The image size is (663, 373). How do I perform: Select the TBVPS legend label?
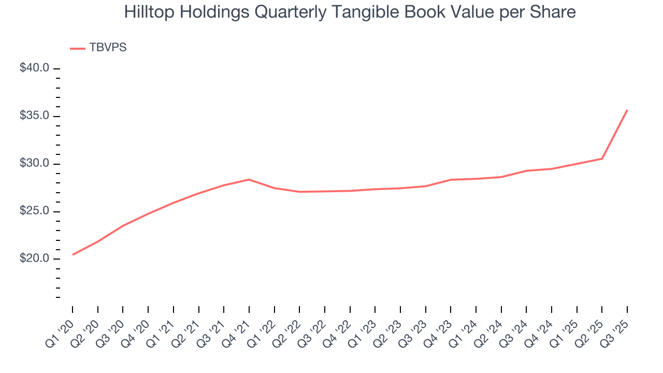click(x=108, y=48)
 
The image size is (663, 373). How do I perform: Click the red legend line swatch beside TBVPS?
click(x=78, y=48)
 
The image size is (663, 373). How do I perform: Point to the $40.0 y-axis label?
click(x=34, y=68)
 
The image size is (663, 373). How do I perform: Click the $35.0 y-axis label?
click(x=34, y=116)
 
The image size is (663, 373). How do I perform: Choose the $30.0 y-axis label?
click(x=34, y=164)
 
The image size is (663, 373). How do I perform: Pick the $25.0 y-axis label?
click(x=34, y=211)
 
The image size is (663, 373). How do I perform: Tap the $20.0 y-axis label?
click(x=34, y=259)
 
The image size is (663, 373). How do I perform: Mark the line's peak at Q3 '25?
click(x=627, y=110)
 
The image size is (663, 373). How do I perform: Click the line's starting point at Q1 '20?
click(x=73, y=254)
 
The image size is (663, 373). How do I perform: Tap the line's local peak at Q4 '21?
click(x=249, y=179)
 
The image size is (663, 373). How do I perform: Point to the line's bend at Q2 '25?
click(x=602, y=159)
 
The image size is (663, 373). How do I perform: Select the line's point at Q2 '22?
click(x=299, y=192)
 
